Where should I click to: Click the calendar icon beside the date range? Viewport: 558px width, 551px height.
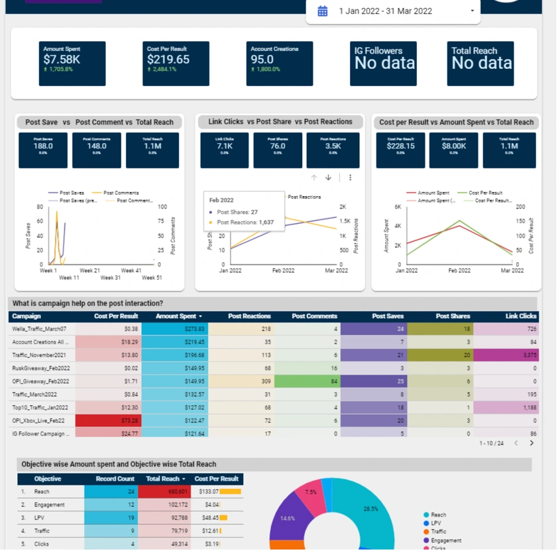(323, 11)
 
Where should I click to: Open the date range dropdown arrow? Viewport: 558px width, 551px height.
(472, 11)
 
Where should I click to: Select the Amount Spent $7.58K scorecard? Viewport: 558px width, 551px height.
(72, 64)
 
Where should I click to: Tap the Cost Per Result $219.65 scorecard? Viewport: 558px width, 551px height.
(176, 64)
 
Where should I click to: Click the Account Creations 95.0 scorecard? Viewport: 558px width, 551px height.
(279, 64)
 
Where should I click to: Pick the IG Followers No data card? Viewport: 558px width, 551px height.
(384, 64)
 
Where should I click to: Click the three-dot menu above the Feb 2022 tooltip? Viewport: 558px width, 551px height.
(351, 177)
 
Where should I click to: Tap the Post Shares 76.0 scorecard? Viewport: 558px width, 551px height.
(278, 150)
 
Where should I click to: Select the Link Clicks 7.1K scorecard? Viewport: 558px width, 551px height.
(225, 150)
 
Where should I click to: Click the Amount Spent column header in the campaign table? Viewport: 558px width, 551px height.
(177, 317)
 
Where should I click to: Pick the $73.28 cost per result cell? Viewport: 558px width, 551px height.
(109, 421)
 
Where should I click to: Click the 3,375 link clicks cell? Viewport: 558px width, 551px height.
(506, 355)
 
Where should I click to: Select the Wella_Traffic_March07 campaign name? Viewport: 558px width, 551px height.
(39, 329)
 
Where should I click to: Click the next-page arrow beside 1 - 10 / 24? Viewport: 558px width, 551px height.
(531, 443)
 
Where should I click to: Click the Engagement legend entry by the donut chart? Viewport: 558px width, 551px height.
(445, 540)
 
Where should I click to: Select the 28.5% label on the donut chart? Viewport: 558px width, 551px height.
(370, 509)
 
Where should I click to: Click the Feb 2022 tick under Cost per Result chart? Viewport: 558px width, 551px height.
(459, 271)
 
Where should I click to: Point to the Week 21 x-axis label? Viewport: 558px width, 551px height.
(89, 271)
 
